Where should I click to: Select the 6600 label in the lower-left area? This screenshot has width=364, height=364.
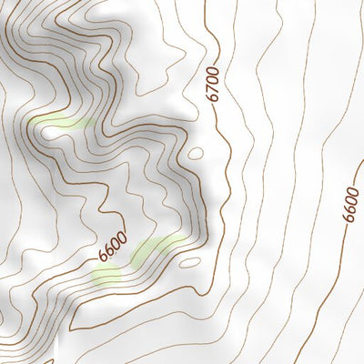pyautogui.click(x=109, y=247)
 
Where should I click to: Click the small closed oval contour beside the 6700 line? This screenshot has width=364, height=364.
pyautogui.click(x=195, y=153)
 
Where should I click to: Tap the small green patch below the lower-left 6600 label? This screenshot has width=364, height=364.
pyautogui.click(x=106, y=275)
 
